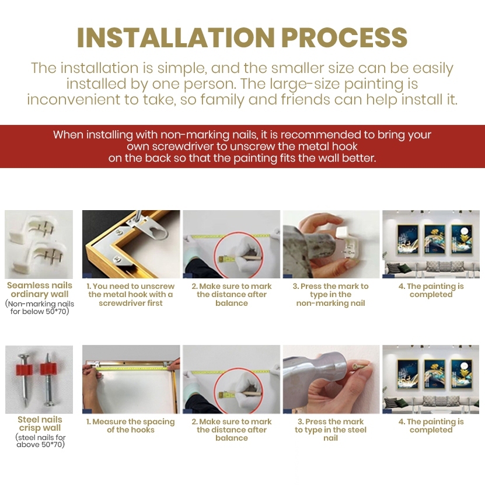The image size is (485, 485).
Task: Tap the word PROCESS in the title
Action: [344, 38]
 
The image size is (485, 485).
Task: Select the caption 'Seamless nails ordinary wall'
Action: [40, 289]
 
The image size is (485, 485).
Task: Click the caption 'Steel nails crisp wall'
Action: [40, 424]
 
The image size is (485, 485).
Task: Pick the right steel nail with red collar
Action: [48, 379]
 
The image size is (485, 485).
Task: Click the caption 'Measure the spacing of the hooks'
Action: [131, 425]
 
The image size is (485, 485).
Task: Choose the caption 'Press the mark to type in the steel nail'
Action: [330, 430]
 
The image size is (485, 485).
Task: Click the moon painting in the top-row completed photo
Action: [462, 239]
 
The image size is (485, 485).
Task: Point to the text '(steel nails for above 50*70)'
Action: [40, 441]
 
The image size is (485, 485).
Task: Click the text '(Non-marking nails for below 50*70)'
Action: [40, 308]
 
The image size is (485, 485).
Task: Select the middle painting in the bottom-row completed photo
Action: [434, 374]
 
